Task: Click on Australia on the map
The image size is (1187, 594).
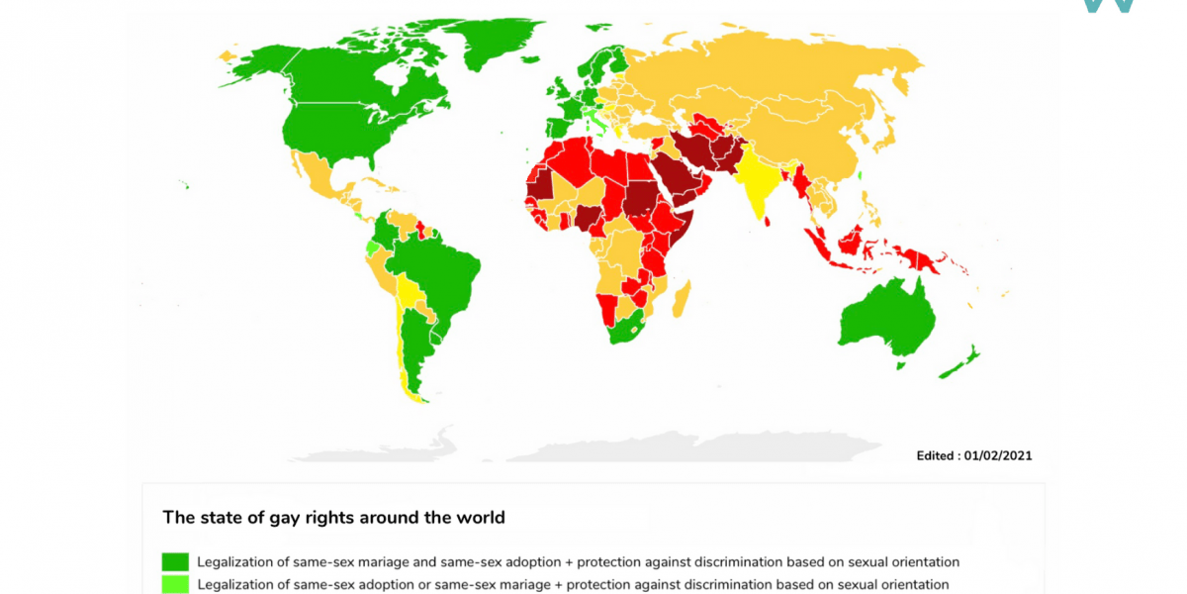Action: point(880,317)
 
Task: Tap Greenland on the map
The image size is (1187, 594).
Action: point(490,45)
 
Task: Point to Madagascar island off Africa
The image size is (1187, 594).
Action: point(682,298)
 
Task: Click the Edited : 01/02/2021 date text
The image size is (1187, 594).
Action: point(975,455)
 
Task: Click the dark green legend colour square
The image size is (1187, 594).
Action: point(175,562)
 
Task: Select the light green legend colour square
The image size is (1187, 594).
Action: point(175,585)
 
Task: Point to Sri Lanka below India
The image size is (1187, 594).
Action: point(769,221)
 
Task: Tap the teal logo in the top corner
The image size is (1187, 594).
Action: point(1108,5)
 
